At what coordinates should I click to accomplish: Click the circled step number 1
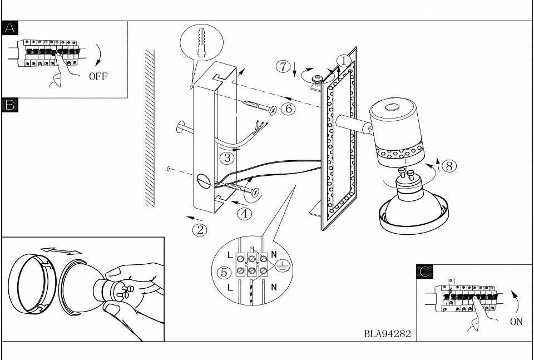click(x=344, y=61)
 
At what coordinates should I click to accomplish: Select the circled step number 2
click(x=200, y=230)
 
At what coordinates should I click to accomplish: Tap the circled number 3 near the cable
click(x=227, y=158)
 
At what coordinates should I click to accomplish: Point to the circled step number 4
click(x=244, y=214)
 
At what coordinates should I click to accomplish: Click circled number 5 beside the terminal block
click(x=224, y=273)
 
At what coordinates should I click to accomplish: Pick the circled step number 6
click(x=288, y=109)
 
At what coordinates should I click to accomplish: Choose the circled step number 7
click(x=283, y=66)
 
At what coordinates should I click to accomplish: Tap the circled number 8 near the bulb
click(x=449, y=166)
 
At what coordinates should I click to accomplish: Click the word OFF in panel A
click(x=98, y=76)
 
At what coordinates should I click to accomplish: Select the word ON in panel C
click(x=516, y=322)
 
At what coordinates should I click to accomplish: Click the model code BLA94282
click(x=387, y=334)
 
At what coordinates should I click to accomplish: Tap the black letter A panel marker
click(x=9, y=28)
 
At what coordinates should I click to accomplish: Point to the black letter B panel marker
click(x=9, y=105)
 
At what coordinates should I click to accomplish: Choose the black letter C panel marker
click(x=424, y=272)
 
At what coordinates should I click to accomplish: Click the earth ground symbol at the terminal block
click(x=281, y=265)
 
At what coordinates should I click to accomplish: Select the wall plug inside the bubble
click(x=201, y=42)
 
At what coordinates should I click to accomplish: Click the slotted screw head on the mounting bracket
click(x=204, y=181)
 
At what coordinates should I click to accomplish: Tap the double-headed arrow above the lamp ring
click(x=61, y=251)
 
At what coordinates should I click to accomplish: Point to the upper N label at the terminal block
click(x=274, y=254)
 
